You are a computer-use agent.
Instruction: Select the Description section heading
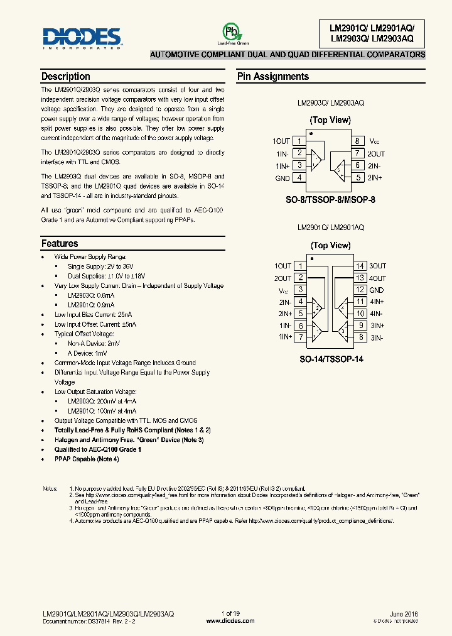65,77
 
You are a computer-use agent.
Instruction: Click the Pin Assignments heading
272,77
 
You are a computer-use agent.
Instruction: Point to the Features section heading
60,244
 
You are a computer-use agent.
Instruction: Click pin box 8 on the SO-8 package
357,141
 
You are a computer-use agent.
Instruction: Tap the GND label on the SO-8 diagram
282,178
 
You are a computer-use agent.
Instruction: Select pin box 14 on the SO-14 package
360,266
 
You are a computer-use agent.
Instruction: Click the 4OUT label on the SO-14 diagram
377,278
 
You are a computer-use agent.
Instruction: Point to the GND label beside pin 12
377,290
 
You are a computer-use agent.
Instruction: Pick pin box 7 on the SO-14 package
301,337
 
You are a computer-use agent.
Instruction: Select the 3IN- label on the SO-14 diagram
377,338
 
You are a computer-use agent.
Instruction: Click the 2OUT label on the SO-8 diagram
377,154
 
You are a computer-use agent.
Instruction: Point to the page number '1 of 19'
230,613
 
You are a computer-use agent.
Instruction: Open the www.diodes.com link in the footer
230,620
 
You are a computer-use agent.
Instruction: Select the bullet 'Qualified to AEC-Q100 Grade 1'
97,450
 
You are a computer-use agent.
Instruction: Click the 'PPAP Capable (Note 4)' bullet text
87,459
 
